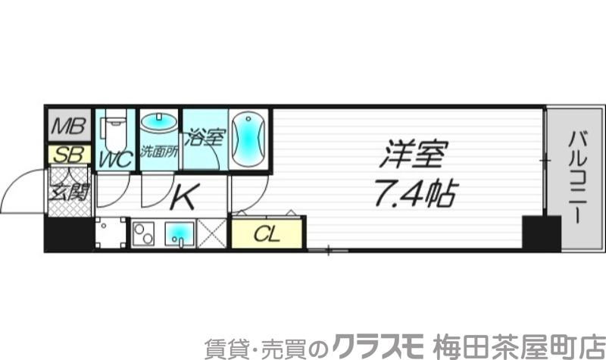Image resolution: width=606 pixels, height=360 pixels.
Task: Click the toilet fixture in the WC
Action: (x=116, y=130)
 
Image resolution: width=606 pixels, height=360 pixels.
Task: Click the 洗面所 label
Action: (x=159, y=152)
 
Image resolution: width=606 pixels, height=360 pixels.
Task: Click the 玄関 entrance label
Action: (x=68, y=190)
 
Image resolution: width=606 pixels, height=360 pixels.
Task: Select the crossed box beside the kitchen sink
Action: (x=214, y=233)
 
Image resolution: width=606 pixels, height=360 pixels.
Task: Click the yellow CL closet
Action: (x=267, y=233)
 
